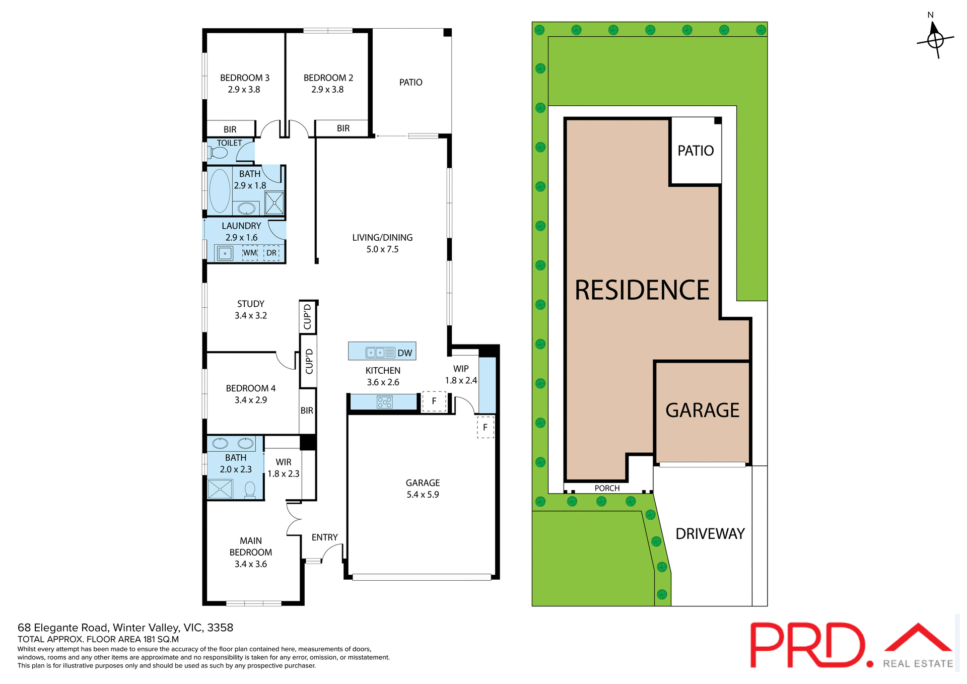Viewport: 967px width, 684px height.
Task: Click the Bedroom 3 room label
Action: pyautogui.click(x=244, y=78)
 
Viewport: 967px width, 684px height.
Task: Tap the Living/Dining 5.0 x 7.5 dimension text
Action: pyautogui.click(x=382, y=249)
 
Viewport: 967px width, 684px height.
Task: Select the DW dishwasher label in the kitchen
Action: pyautogui.click(x=404, y=353)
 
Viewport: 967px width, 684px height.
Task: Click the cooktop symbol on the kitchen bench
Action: pyautogui.click(x=385, y=402)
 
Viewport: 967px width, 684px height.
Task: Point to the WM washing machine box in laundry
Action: pyautogui.click(x=250, y=253)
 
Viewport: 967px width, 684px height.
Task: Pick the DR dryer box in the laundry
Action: pyautogui.click(x=271, y=253)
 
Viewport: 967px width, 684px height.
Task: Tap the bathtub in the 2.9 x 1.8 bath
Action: pyautogui.click(x=220, y=191)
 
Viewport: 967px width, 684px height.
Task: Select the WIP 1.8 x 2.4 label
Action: pyautogui.click(x=461, y=375)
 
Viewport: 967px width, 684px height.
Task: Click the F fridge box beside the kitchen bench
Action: pyautogui.click(x=434, y=401)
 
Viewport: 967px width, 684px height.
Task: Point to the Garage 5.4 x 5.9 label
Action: pyautogui.click(x=423, y=489)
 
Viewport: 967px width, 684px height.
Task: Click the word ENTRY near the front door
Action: pyautogui.click(x=324, y=537)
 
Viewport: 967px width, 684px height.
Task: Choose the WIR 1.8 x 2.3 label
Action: pyautogui.click(x=283, y=468)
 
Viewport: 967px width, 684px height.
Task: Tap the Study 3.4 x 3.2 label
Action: pyautogui.click(x=250, y=310)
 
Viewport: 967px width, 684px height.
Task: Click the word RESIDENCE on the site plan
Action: pyautogui.click(x=642, y=291)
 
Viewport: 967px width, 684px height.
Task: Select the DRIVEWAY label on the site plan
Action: pyautogui.click(x=710, y=534)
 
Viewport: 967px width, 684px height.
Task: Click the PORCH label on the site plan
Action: pyautogui.click(x=607, y=488)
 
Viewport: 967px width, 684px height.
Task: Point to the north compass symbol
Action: pyautogui.click(x=935, y=39)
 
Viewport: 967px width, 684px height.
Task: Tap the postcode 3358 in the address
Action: pyautogui.click(x=220, y=628)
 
